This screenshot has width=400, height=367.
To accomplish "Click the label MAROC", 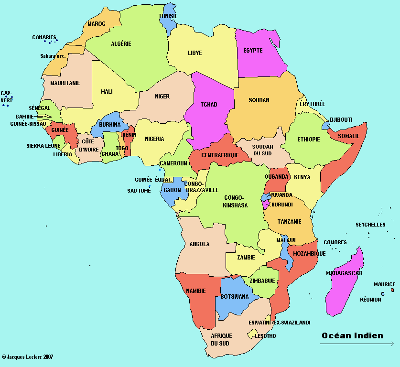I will [96, 23].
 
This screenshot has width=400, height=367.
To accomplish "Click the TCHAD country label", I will [209, 105].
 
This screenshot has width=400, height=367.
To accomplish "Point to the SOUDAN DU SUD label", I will [262, 150].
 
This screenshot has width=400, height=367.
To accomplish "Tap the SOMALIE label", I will [348, 136].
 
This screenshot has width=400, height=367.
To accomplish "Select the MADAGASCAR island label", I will [344, 273].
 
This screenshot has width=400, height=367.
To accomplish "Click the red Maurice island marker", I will [392, 290].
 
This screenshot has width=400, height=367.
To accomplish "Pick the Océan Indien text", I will [352, 335].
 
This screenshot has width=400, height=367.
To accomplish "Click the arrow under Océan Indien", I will [357, 344].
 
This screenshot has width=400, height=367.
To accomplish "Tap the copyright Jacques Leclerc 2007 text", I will [28, 356].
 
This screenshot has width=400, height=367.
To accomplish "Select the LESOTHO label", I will [265, 336].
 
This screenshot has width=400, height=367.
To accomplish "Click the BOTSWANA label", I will [234, 297].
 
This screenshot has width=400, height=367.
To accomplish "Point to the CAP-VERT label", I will [7, 97].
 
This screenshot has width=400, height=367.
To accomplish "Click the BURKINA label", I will [109, 125].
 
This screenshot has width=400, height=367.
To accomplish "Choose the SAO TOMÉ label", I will [139, 191].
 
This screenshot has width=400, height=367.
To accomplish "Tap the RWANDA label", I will [281, 195].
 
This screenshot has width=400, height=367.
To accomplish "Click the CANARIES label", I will [44, 37].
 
